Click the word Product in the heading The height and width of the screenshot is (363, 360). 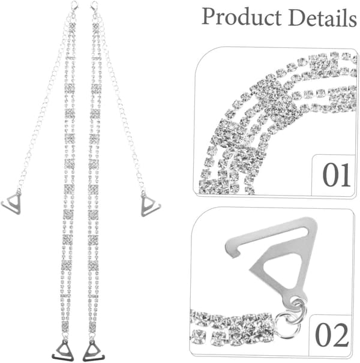click(x=242, y=17)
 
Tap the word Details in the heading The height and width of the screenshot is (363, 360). click(x=322, y=17)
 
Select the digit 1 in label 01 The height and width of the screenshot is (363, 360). click(x=345, y=175)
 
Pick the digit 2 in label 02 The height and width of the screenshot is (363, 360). click(x=340, y=335)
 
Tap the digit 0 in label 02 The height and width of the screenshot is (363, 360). click(x=323, y=335)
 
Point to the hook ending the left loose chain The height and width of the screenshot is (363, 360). click(x=11, y=203)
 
